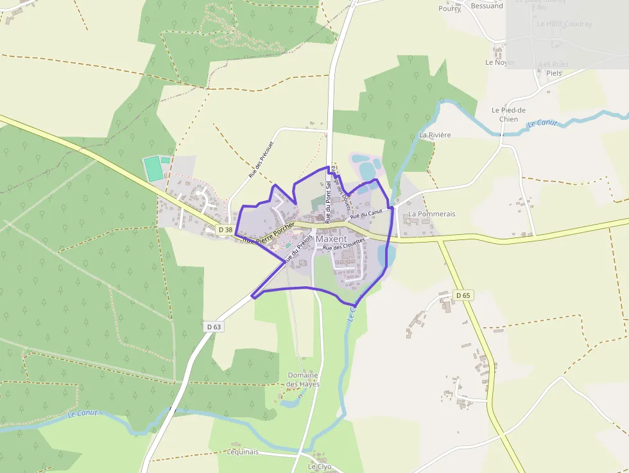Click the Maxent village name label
(x=331, y=239)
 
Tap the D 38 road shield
(x=225, y=229)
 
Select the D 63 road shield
(x=214, y=327)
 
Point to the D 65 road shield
(x=463, y=295)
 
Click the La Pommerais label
(x=432, y=214)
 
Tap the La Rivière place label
(x=435, y=135)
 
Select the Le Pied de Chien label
(x=508, y=114)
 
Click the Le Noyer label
(x=500, y=63)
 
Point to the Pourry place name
(x=449, y=8)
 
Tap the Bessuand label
(x=487, y=6)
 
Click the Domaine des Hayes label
(x=303, y=379)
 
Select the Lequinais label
(x=243, y=452)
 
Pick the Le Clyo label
(x=319, y=467)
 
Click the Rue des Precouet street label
(x=261, y=159)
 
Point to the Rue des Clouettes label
(x=344, y=244)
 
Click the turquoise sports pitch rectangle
(x=153, y=169)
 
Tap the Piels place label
(x=554, y=73)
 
